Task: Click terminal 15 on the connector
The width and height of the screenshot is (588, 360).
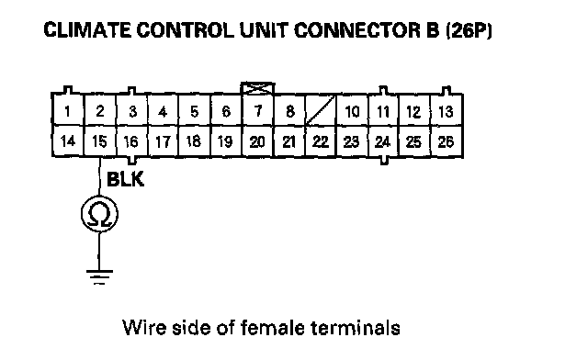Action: (x=100, y=141)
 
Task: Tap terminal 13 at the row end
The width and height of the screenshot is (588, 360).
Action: (x=447, y=110)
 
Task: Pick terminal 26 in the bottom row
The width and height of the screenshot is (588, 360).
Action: (x=447, y=141)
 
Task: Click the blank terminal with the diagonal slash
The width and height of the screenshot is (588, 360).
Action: (x=321, y=110)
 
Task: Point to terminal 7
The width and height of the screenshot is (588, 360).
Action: (x=258, y=110)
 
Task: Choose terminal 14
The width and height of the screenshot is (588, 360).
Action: (x=68, y=141)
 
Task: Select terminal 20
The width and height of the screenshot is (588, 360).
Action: (x=258, y=141)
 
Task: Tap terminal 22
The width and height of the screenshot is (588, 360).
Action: (x=321, y=141)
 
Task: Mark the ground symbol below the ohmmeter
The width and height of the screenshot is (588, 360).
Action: (x=99, y=276)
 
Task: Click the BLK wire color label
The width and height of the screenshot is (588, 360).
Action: (x=125, y=179)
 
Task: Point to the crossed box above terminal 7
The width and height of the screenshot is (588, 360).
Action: (x=257, y=88)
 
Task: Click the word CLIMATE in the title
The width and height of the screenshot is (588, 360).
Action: (x=87, y=30)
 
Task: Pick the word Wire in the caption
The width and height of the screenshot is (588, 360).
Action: (x=144, y=327)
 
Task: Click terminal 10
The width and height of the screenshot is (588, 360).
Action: (x=352, y=110)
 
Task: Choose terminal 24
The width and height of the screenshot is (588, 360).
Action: (x=383, y=141)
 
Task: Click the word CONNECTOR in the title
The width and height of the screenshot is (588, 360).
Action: (x=367, y=30)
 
